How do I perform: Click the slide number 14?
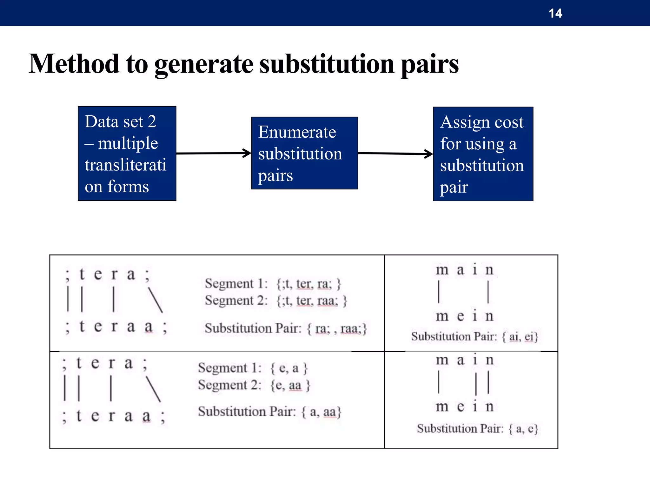pos(555,13)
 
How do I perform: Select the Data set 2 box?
pos(127,153)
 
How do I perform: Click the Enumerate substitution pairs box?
pos(304,153)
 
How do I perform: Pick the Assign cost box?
pos(483,154)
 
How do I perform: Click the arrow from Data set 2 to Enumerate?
pos(213,153)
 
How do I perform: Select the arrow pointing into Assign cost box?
pos(395,154)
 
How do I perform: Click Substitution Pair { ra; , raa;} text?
pos(286,328)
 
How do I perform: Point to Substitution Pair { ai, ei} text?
pos(474,336)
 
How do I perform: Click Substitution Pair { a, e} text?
pos(477,429)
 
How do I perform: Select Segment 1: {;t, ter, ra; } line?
pos(273,283)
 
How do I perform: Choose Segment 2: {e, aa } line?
pos(254,385)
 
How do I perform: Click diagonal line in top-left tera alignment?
pos(155,300)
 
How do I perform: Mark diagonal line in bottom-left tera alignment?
pos(153,389)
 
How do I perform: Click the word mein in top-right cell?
pos(464,316)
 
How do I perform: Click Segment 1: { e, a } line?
pos(253,368)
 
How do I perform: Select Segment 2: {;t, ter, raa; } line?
pos(276,300)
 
